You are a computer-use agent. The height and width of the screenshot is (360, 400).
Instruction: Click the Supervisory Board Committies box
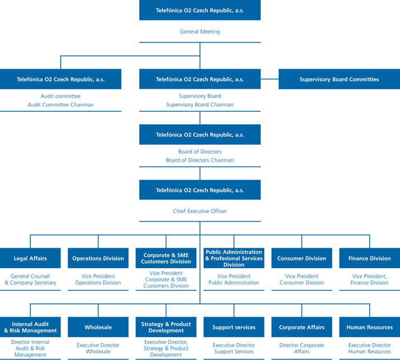coord(339,79)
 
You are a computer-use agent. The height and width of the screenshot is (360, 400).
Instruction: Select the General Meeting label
coord(200,32)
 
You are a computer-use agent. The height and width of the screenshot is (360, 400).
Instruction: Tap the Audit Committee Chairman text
coord(60,105)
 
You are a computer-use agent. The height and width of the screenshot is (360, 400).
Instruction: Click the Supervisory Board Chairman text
coord(200,105)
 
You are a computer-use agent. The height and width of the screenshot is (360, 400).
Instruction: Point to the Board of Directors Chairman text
coord(200,160)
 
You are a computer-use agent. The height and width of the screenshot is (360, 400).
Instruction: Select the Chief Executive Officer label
coord(200,211)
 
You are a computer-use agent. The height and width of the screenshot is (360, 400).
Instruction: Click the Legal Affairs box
coord(30,258)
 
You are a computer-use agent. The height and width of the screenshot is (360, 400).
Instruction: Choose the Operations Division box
coord(98,258)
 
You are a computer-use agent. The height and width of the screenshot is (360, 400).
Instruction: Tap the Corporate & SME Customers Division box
coord(166,258)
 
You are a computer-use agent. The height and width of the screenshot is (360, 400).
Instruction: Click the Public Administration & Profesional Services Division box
coord(234,258)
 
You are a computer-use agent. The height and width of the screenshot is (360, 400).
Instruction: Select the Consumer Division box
coord(302,258)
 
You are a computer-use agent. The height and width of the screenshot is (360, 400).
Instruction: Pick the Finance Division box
coord(369,258)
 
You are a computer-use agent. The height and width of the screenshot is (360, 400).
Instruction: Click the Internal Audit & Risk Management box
coord(30,327)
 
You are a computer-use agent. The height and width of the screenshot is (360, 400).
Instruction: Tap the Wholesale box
coord(98,327)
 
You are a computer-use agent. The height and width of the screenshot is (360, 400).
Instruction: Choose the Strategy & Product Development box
coord(166,327)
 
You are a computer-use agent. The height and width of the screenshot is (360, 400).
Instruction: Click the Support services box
coord(234,327)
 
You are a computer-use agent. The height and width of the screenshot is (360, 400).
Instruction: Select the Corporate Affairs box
coord(302,327)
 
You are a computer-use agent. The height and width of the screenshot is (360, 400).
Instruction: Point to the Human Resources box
coord(369,327)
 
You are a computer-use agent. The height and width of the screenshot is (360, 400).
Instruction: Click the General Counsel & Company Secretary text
coord(30,280)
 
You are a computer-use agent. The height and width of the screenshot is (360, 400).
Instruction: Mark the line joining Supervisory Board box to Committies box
coord(269,79)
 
